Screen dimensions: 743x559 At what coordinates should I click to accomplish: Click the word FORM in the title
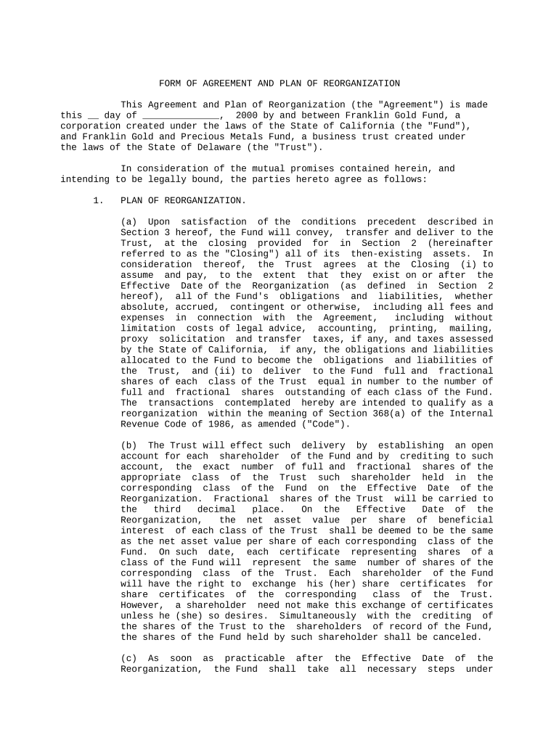pyautogui.click(x=170, y=83)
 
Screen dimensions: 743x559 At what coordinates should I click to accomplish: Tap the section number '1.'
pyautogui.click(x=99, y=200)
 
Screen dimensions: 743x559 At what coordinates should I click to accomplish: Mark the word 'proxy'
pyautogui.click(x=134, y=339)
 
